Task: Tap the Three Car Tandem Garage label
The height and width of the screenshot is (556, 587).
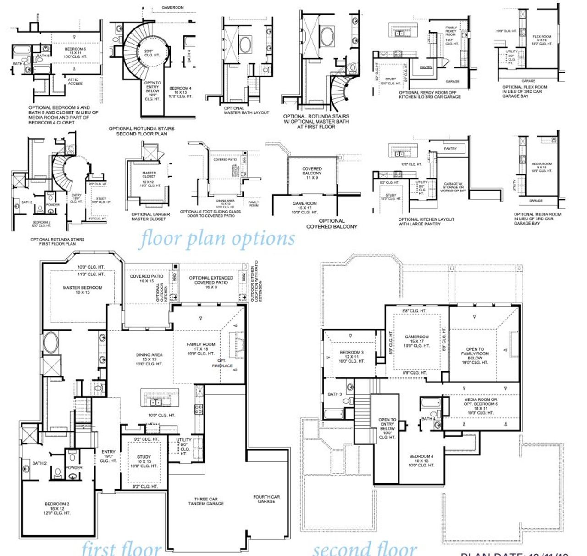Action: (x=206, y=501)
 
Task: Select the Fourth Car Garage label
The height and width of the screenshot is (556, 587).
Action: (x=266, y=499)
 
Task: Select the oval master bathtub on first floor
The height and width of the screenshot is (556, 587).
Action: (x=51, y=343)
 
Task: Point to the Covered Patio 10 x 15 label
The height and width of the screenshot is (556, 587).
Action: (x=147, y=278)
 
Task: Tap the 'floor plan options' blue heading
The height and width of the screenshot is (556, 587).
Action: (x=217, y=239)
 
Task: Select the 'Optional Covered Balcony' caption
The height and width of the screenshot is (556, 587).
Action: (x=332, y=224)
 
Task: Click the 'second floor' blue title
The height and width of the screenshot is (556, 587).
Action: (x=365, y=549)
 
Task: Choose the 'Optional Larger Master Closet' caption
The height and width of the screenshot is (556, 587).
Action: (x=150, y=217)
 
